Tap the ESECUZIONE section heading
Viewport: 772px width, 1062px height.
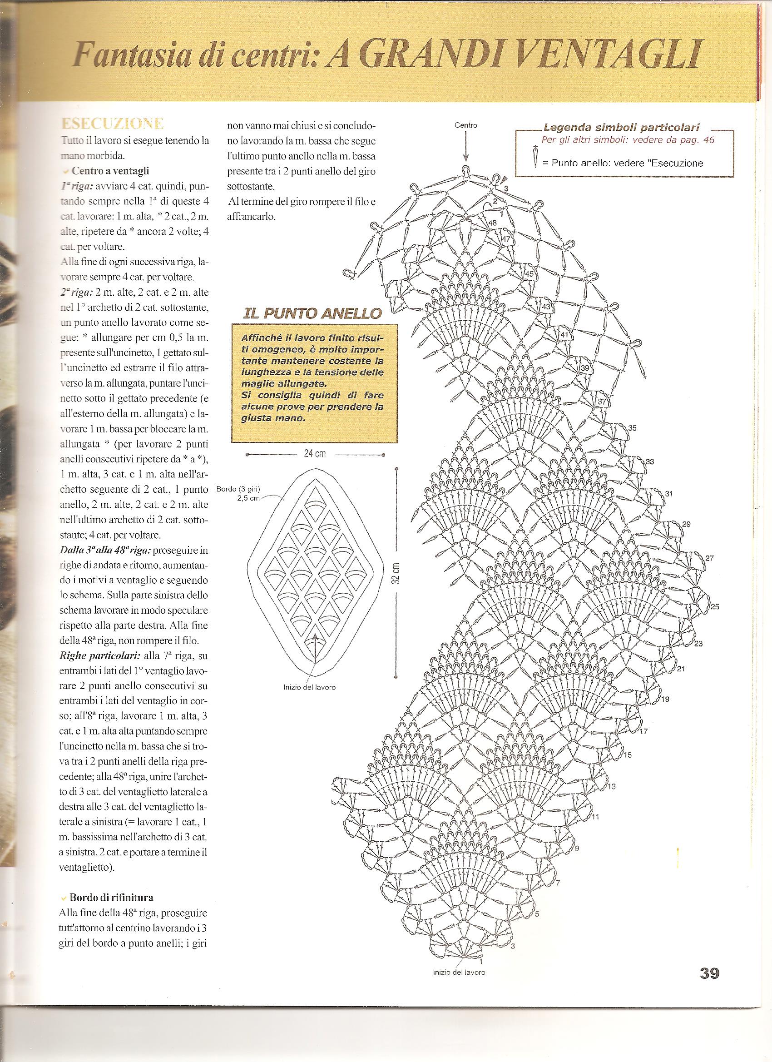tap(112, 124)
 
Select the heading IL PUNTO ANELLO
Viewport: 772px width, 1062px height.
tap(312, 313)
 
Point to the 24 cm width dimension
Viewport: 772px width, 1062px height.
tap(315, 453)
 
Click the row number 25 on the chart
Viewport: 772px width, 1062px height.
tap(715, 607)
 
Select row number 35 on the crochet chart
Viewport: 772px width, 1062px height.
tap(633, 427)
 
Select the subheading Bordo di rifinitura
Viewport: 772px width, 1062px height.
tap(111, 897)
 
